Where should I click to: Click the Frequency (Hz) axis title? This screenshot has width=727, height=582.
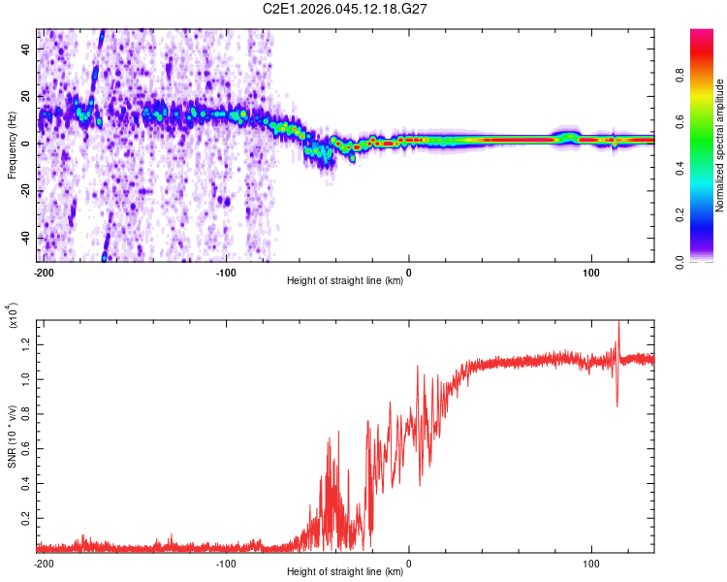[x=12, y=145]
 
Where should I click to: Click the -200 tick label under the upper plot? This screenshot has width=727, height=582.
[x=43, y=272]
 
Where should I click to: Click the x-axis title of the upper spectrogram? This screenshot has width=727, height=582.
[x=345, y=281]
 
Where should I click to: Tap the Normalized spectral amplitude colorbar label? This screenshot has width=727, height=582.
[x=720, y=145]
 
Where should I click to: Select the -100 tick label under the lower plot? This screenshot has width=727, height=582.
[x=226, y=563]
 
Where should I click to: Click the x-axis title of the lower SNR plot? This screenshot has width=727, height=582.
[x=345, y=572]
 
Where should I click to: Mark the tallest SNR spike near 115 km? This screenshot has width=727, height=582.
[x=618, y=323]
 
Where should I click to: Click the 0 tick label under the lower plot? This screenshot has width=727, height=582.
[x=408, y=563]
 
